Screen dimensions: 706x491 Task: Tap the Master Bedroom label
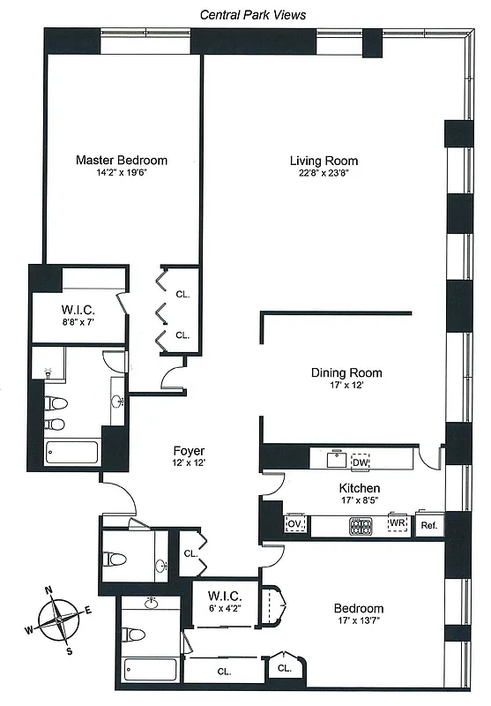point(121,161)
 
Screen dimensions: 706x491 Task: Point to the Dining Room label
point(346,372)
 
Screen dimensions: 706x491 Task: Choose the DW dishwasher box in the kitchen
point(360,462)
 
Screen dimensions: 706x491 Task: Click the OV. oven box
point(294,524)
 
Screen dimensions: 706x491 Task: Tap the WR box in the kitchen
point(398,524)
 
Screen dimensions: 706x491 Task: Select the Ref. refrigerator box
point(429,525)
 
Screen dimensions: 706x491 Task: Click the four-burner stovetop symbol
point(361,525)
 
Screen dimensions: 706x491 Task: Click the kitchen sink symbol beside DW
point(336,460)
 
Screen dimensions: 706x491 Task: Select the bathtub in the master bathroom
point(72,454)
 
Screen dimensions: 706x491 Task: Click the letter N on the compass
point(49,592)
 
